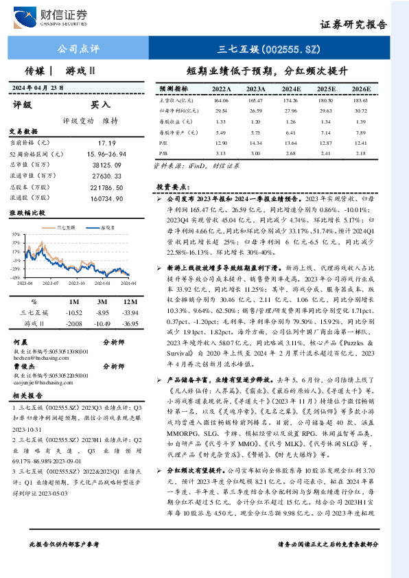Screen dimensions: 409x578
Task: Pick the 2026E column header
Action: pyautogui.click(x=360, y=89)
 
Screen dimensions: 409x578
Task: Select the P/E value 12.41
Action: pyautogui.click(x=360, y=141)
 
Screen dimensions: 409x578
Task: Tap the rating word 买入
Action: pyautogui.click(x=101, y=105)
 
